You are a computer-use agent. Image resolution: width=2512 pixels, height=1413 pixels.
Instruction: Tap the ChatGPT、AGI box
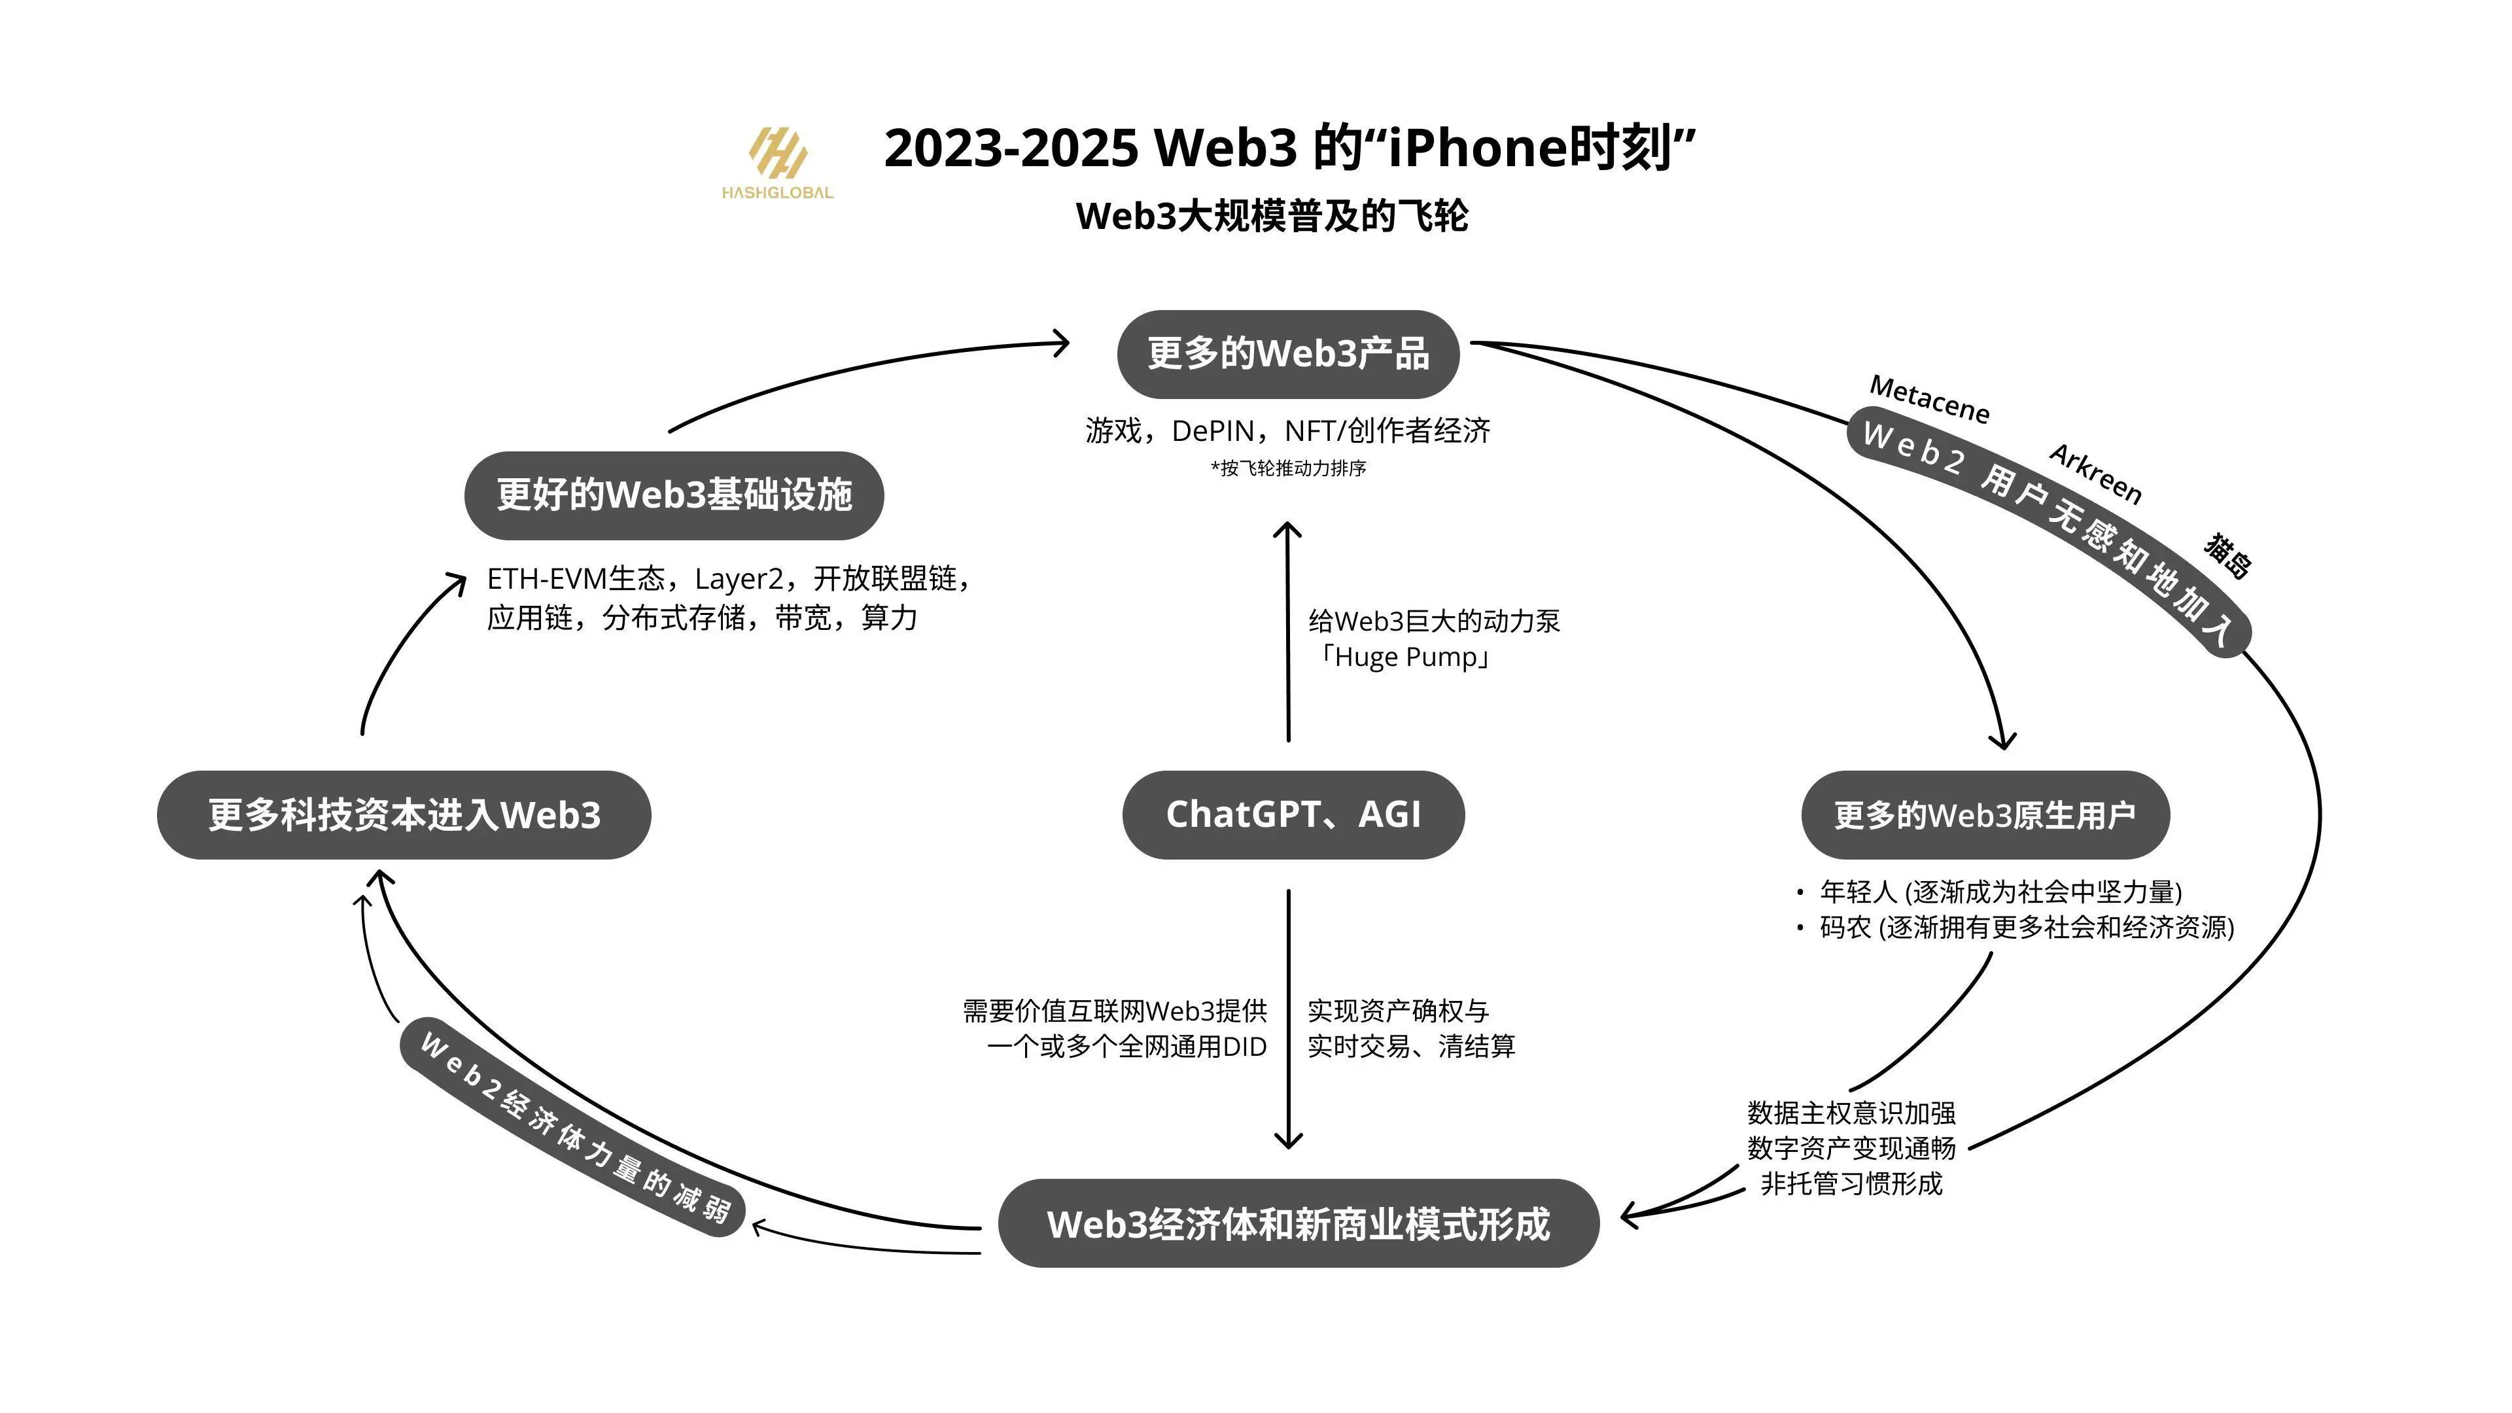point(1293,814)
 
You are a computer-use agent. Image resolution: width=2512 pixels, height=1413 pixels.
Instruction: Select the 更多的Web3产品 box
point(1287,354)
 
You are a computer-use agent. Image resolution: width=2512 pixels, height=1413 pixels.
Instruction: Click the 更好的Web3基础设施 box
point(674,495)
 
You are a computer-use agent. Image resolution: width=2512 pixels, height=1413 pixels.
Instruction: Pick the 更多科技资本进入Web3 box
point(404,815)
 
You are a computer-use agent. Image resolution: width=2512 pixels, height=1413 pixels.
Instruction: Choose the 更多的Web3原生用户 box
point(1985,815)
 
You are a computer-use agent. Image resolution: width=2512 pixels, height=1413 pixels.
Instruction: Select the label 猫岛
point(2228,556)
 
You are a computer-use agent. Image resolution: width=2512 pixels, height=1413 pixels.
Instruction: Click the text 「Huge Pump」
point(1404,657)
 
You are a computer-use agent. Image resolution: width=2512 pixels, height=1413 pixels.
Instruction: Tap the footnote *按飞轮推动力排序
point(1288,469)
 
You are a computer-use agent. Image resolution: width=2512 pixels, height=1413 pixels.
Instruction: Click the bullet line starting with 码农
point(2027,928)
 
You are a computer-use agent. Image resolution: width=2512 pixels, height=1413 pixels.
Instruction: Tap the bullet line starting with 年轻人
point(2000,891)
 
